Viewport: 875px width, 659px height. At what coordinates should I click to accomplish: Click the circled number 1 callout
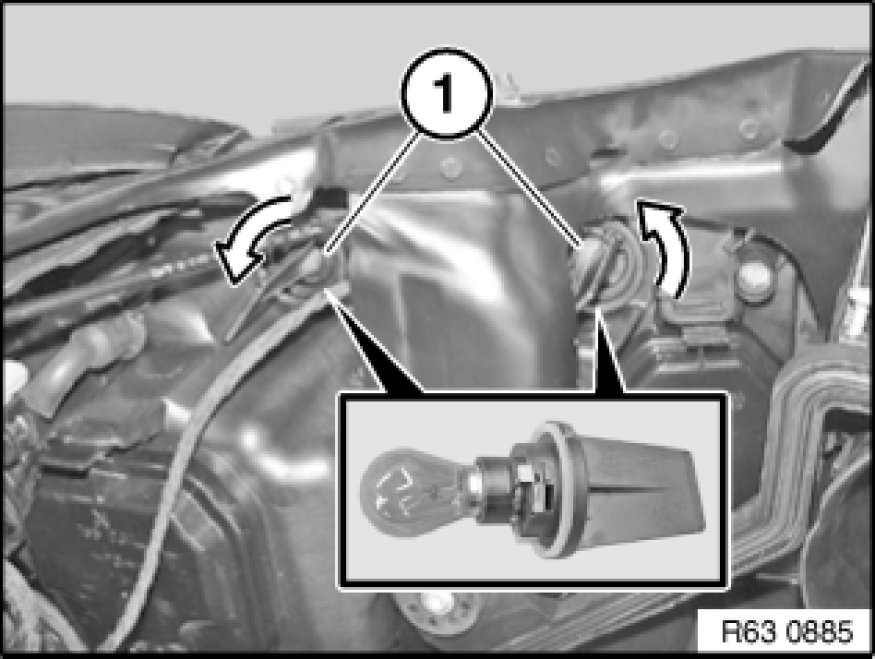click(x=446, y=94)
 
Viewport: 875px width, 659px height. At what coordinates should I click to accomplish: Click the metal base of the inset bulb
click(x=491, y=485)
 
